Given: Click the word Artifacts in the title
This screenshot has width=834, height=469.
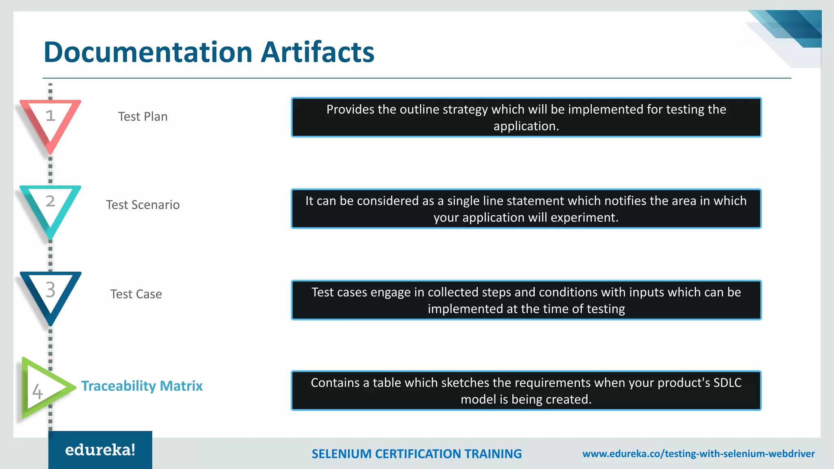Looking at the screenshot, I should point(317,52).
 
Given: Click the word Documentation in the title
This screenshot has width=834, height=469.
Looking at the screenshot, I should point(148,52).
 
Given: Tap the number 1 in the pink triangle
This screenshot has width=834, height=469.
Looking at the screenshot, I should point(50,116).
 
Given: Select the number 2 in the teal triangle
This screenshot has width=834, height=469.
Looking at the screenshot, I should point(50,201).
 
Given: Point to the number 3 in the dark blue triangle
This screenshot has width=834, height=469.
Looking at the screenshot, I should point(50,289).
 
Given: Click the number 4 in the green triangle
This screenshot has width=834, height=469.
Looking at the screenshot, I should point(37,392).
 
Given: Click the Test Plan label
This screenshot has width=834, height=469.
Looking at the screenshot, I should point(143,117).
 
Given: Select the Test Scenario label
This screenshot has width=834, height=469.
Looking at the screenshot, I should point(143,205).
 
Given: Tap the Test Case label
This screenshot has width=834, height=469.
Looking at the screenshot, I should point(136,294).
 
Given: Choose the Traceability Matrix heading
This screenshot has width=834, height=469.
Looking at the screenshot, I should point(142,386).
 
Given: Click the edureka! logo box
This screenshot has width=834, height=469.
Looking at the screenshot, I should point(100,450).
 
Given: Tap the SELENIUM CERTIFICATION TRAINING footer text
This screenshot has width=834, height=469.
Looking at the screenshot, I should point(417,454).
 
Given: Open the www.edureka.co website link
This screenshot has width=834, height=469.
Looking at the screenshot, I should point(698,454).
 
